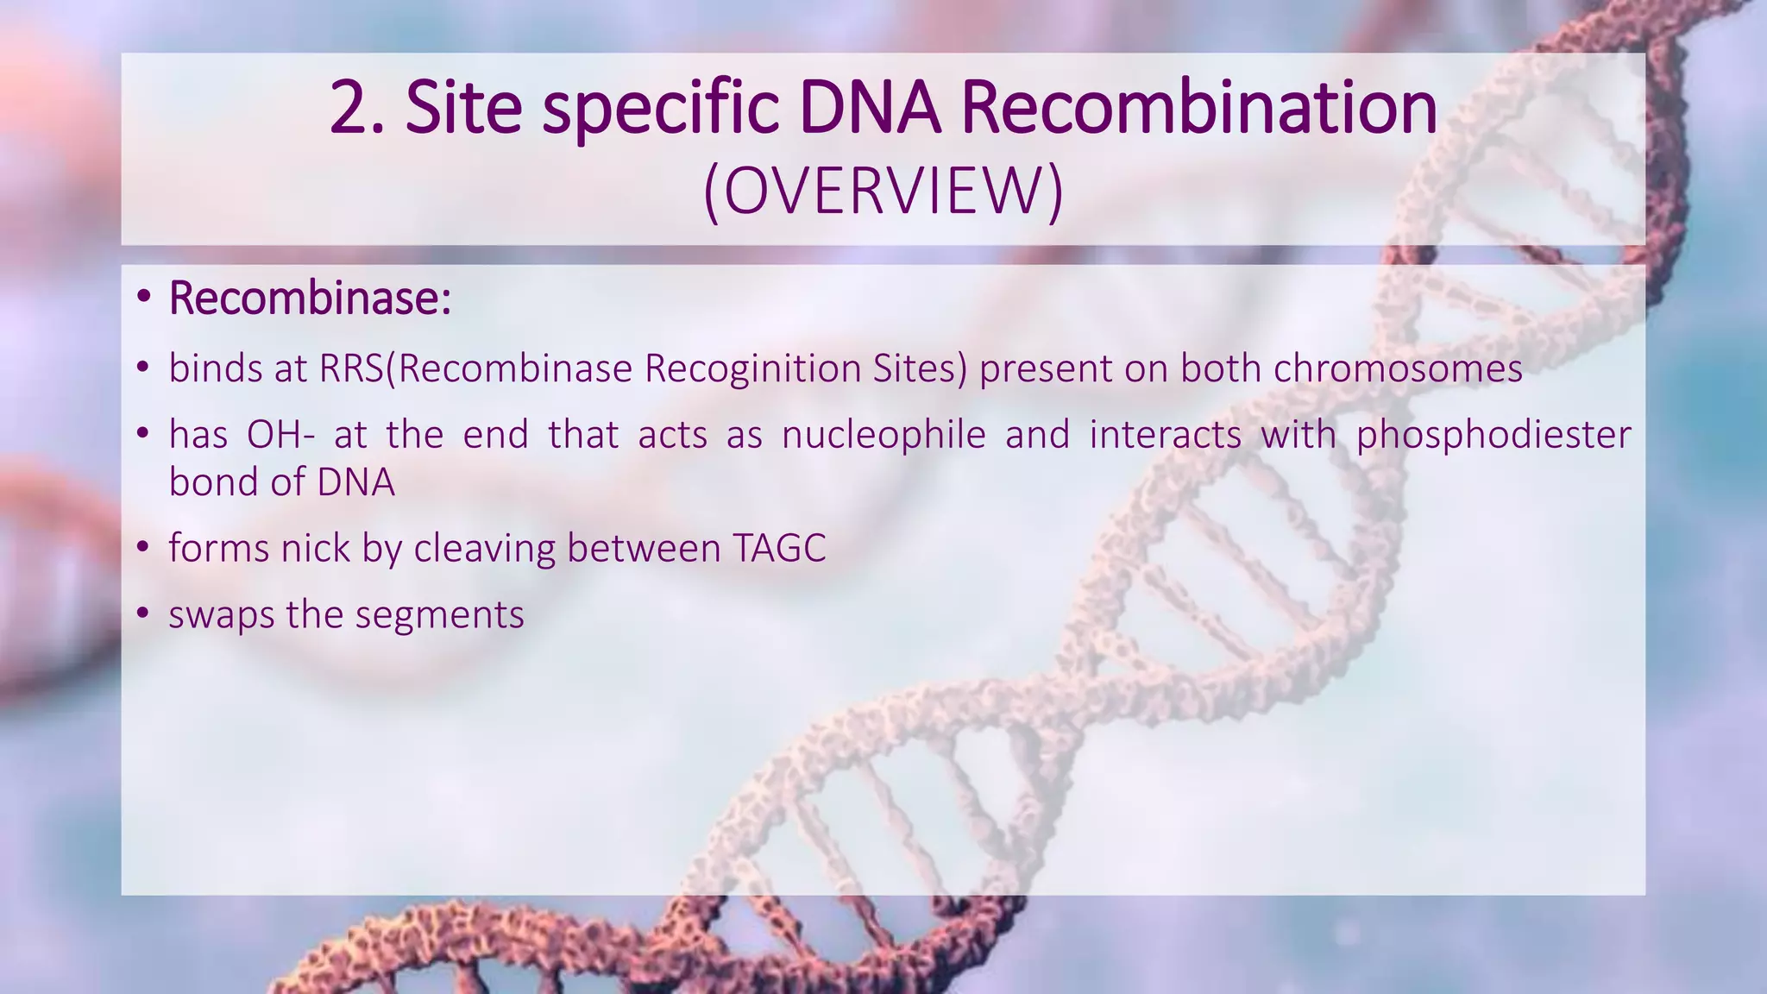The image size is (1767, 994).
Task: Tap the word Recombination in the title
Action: (1198, 107)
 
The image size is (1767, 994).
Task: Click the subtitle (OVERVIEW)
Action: (883, 192)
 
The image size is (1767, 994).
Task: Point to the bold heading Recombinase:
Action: (310, 299)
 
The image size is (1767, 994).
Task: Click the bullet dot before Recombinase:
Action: (143, 299)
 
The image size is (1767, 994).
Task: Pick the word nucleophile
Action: (883, 435)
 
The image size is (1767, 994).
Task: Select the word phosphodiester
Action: (1493, 435)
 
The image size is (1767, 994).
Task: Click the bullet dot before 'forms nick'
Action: (143, 549)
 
